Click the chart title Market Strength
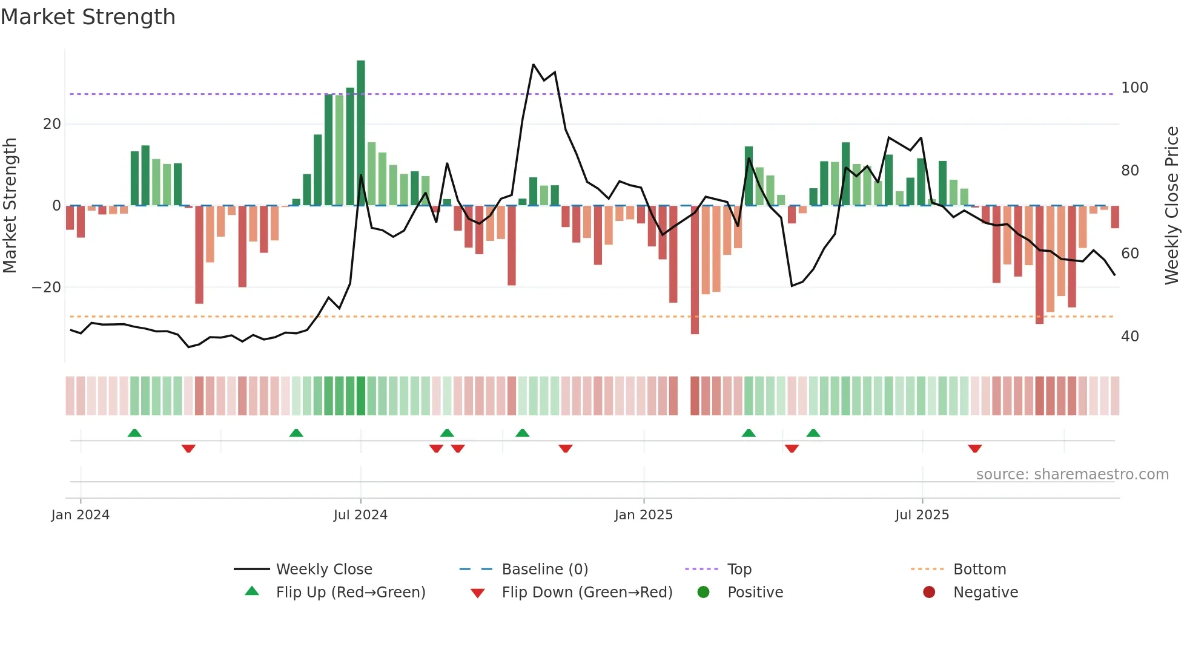pyautogui.click(x=88, y=17)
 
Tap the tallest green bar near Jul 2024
pyautogui.click(x=361, y=133)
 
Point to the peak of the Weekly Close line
pyautogui.click(x=534, y=65)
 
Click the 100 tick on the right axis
pyautogui.click(x=1134, y=88)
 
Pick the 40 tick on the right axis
pyautogui.click(x=1130, y=337)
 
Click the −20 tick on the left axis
pyautogui.click(x=47, y=287)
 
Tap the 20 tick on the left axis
pyautogui.click(x=52, y=124)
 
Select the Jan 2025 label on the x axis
pyautogui.click(x=643, y=515)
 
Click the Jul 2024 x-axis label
pyautogui.click(x=360, y=515)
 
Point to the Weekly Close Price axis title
pyautogui.click(x=1172, y=206)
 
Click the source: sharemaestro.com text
pyautogui.click(x=1072, y=475)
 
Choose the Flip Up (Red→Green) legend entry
pyautogui.click(x=350, y=592)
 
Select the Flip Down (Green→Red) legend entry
pyautogui.click(x=586, y=592)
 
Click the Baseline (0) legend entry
pyautogui.click(x=544, y=569)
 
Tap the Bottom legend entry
pyautogui.click(x=979, y=569)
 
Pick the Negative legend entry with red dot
pyautogui.click(x=985, y=592)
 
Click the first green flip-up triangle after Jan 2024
pyautogui.click(x=134, y=433)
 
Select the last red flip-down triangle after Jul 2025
pyautogui.click(x=974, y=448)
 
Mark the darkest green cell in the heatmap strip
pyautogui.click(x=361, y=396)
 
